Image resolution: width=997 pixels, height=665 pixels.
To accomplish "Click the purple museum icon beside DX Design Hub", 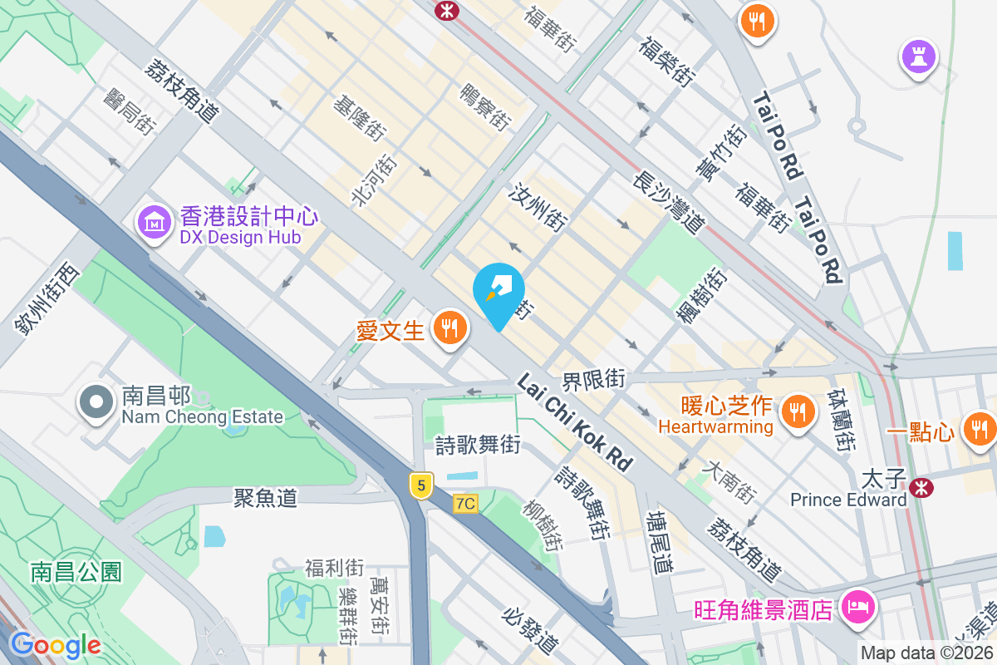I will [155, 224].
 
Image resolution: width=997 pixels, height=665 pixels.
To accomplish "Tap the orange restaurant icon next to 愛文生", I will [449, 329].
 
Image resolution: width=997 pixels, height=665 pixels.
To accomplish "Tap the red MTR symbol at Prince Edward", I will [921, 487].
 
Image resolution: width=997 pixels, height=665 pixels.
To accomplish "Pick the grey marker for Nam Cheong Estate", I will [96, 402].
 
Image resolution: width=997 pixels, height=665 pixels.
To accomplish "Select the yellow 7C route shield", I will [466, 504].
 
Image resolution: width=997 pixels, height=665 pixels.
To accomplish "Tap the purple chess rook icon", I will [919, 57].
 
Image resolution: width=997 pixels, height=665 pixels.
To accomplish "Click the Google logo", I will [55, 645].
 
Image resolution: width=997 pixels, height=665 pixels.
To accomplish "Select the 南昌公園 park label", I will [76, 572].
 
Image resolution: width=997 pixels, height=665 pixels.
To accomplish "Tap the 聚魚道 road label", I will [265, 498].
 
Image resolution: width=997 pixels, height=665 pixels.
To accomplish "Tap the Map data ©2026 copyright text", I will [927, 653].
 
